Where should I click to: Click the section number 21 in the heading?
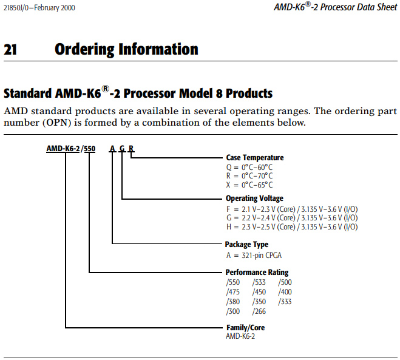click(10, 49)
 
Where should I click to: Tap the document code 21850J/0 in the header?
click(18, 7)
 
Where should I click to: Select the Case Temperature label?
click(254, 158)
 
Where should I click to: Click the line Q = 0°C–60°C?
click(248, 167)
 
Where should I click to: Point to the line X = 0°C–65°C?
click(249, 185)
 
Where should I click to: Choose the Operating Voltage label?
click(254, 199)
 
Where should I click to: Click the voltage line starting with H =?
click(291, 227)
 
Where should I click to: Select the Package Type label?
click(247, 245)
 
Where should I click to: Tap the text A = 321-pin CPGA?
click(254, 255)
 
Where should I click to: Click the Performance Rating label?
click(257, 273)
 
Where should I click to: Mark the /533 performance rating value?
click(259, 282)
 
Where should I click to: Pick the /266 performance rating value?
click(259, 311)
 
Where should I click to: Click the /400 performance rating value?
click(285, 292)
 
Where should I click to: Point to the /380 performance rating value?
click(233, 302)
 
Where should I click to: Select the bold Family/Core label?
click(245, 328)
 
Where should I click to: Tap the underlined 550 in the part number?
click(89, 149)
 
